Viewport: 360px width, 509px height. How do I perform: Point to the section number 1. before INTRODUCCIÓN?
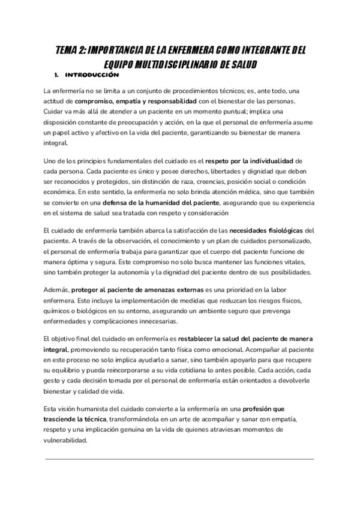[56, 76]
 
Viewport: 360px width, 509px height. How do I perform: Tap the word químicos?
[59, 310]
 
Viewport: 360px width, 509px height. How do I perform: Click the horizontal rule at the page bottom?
[180, 459]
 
